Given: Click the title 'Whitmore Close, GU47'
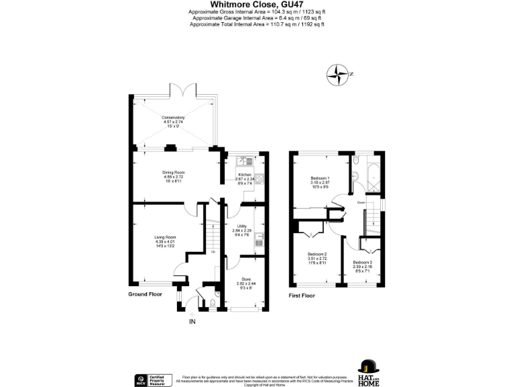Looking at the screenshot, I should coord(257,5).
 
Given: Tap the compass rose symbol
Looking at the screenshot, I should coord(339,75).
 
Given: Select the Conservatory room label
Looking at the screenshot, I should coord(173,120).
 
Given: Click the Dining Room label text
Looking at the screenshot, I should coord(173,175).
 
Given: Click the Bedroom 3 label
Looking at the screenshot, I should coord(363,264).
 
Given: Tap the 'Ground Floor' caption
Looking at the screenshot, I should coord(146,294).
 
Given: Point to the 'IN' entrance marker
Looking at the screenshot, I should coord(193,322).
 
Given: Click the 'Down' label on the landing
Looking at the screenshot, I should coord(361,202).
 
